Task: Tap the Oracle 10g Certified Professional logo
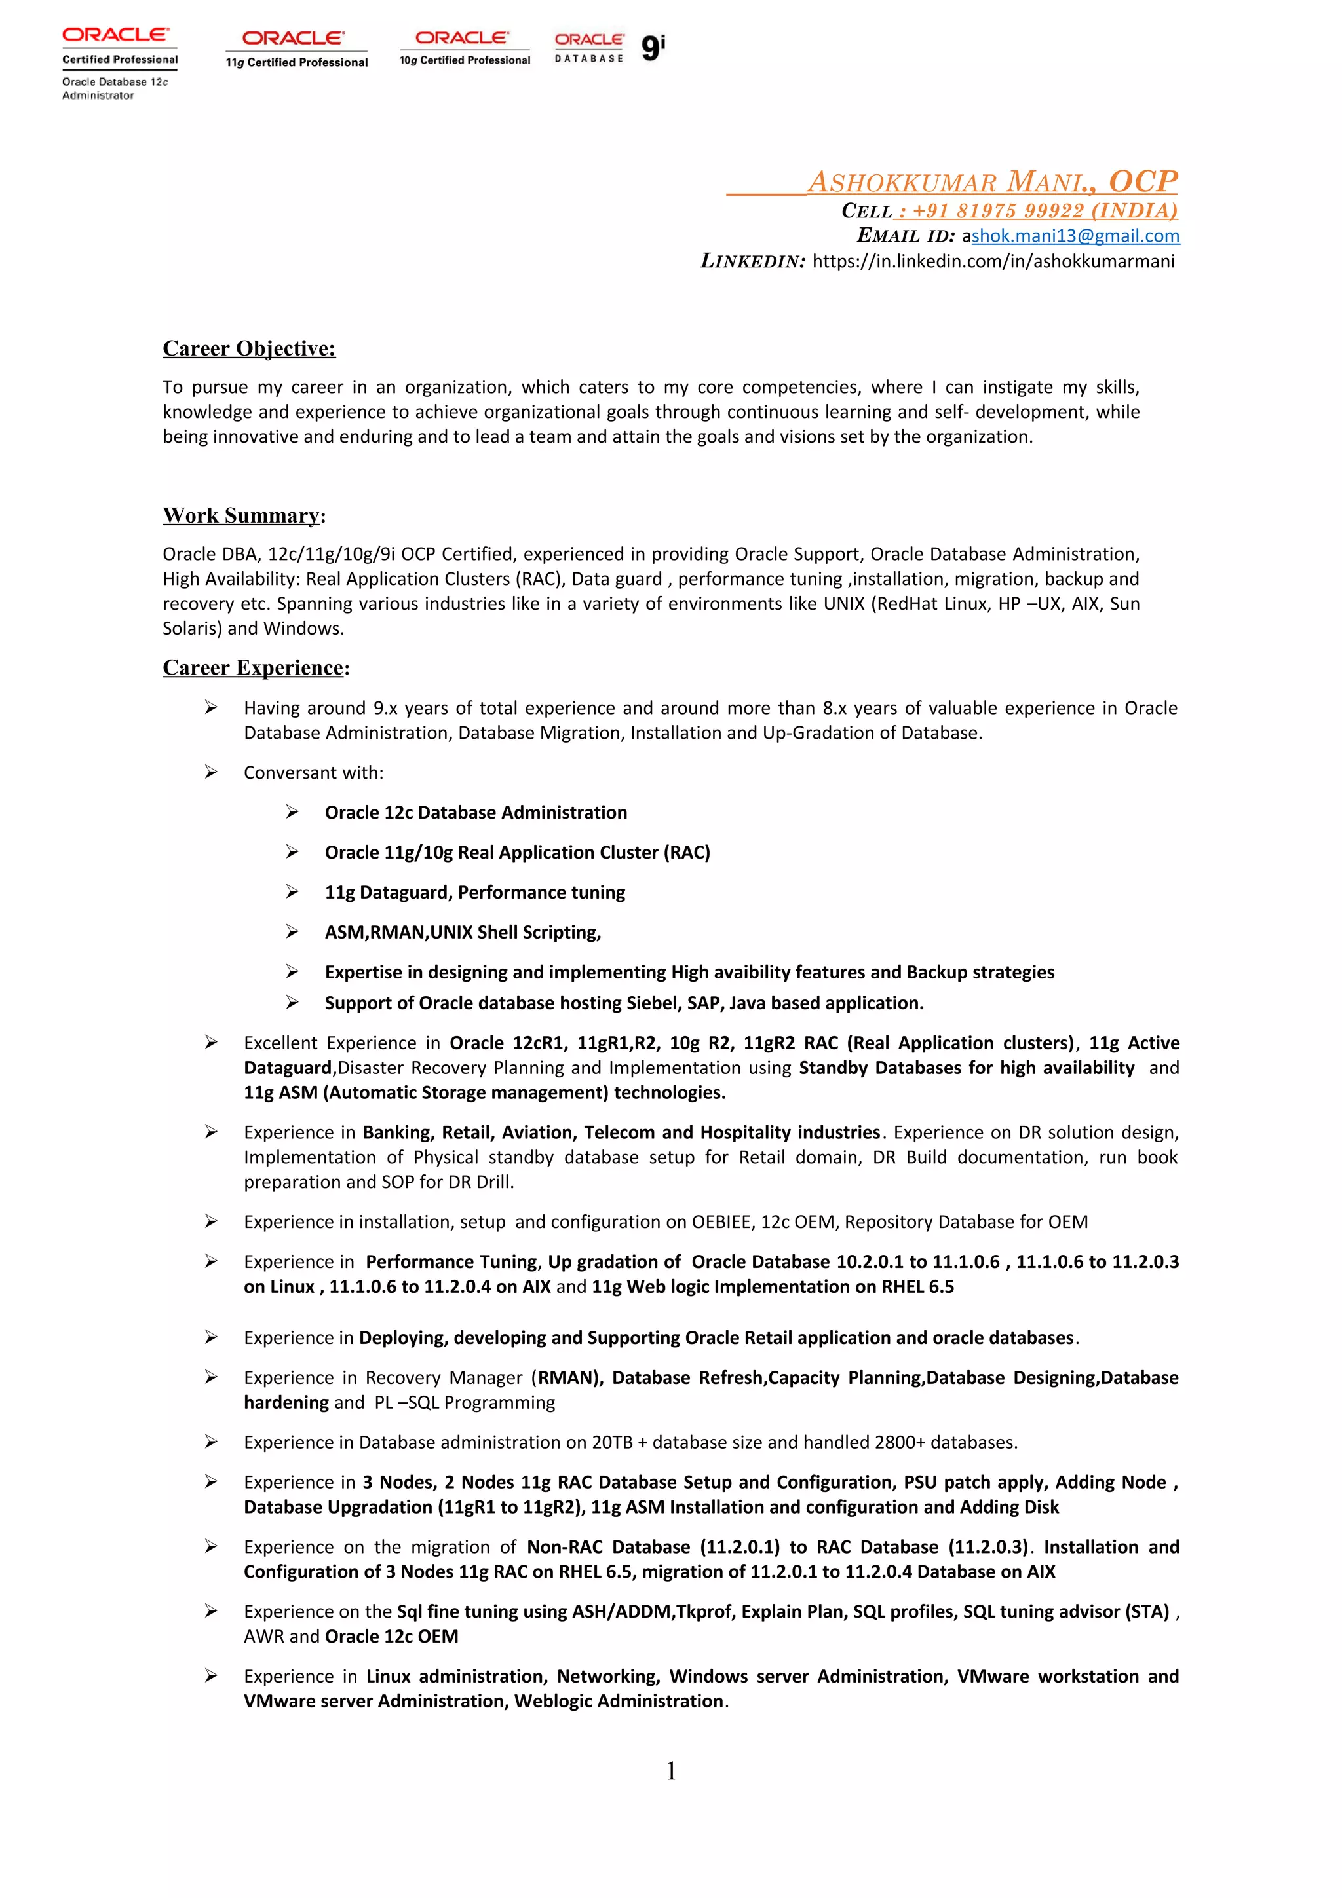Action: tap(464, 48)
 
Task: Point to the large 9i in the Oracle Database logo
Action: tap(653, 48)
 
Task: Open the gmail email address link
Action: tap(1075, 236)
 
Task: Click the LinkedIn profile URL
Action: tap(993, 261)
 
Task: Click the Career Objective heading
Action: tap(249, 349)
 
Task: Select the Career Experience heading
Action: tap(253, 668)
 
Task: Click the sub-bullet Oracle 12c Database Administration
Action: tap(476, 813)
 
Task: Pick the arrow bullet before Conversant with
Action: tap(212, 772)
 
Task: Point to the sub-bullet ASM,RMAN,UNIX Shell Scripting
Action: tap(462, 933)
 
